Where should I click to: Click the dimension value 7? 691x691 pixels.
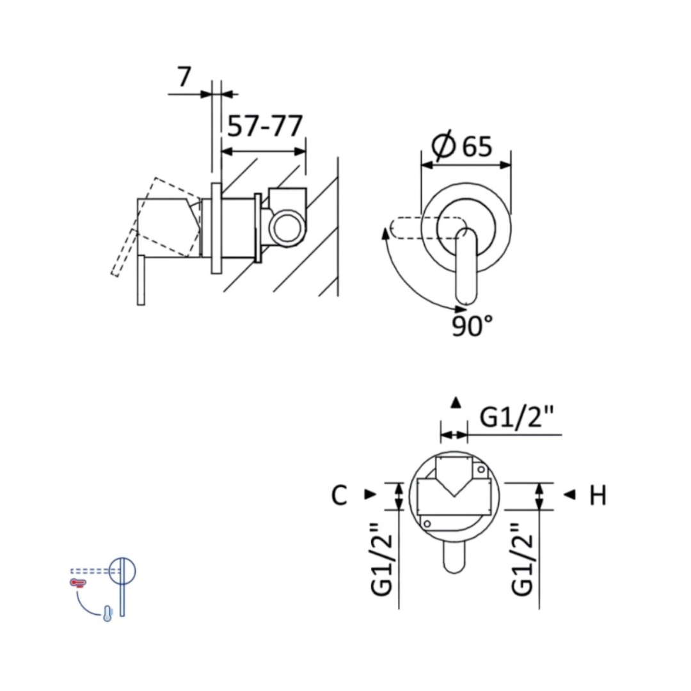184,77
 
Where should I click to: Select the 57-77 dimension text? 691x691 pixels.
265,126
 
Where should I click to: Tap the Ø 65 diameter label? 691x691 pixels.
461,145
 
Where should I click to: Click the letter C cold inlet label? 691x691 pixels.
339,495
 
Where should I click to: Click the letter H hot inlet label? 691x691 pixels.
598,495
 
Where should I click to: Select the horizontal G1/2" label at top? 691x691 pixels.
516,417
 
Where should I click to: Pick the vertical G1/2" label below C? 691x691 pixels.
381,559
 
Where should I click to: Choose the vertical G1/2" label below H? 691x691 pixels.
522,559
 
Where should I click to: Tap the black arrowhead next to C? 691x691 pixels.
370,495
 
